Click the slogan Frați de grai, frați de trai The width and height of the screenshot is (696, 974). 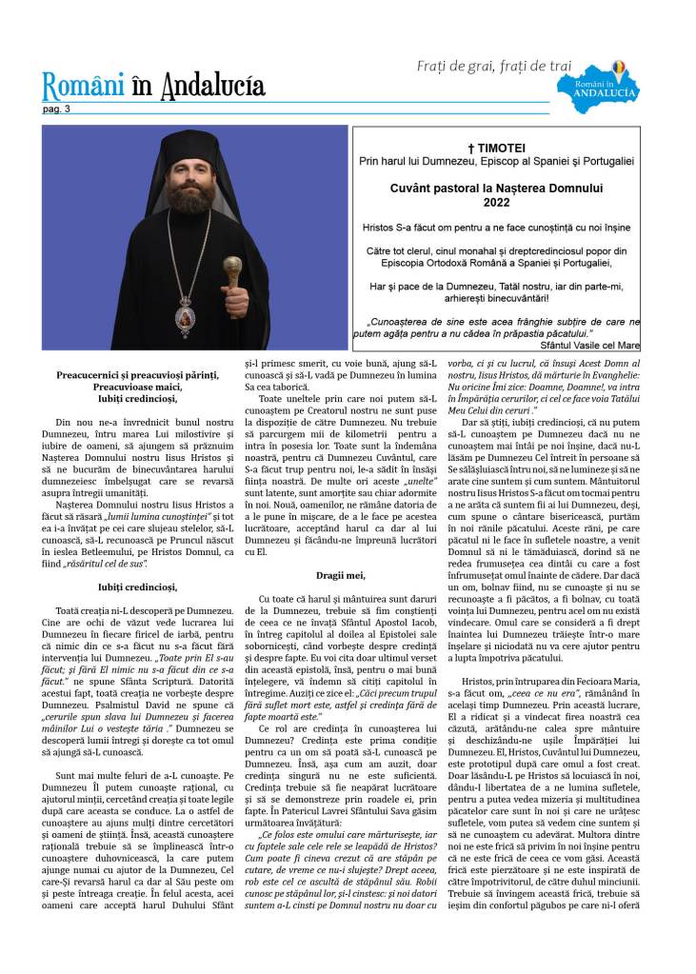494,66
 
